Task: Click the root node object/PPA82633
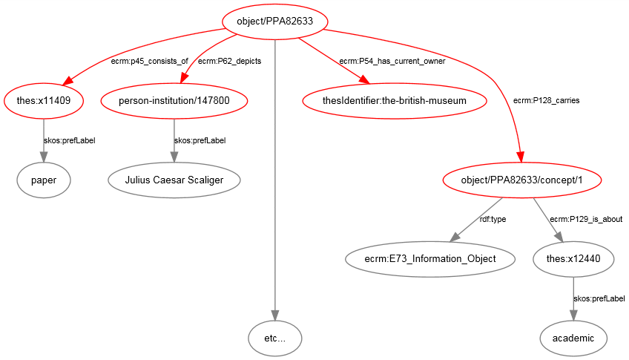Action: [274, 22]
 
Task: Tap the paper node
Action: [43, 179]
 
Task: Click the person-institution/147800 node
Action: [174, 99]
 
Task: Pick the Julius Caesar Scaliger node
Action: [174, 179]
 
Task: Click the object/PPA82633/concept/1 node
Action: [521, 179]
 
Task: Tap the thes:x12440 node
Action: [573, 258]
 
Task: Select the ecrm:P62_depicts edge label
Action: [229, 61]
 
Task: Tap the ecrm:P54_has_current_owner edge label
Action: [392, 61]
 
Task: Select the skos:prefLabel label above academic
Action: [599, 298]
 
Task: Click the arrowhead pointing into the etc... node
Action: [274, 315]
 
